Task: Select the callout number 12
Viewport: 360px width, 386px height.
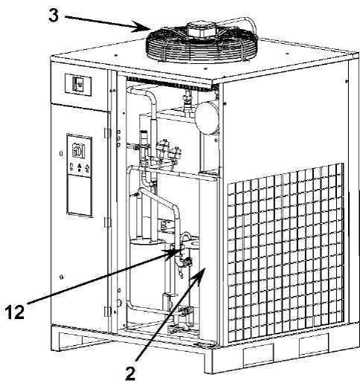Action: point(15,312)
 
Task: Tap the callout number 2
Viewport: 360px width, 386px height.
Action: point(130,373)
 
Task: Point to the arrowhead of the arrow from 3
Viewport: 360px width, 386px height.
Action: point(144,27)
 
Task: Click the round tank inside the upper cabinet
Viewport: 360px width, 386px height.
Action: point(207,118)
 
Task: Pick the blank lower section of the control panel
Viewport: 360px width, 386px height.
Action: point(79,194)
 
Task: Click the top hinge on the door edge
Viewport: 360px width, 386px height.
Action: point(107,133)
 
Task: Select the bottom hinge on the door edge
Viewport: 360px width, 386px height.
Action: point(107,311)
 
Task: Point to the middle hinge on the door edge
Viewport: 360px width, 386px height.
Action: point(107,222)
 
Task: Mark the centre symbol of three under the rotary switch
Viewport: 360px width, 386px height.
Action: point(79,167)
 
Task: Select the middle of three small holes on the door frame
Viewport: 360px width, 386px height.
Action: point(118,138)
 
